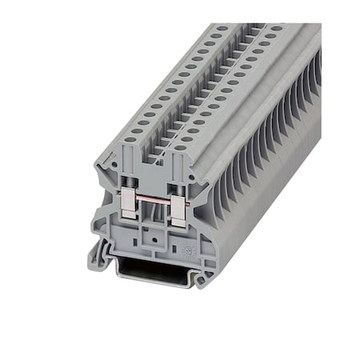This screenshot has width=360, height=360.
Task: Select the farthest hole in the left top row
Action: tap(221, 28)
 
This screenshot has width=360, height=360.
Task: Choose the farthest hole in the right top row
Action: tap(276, 28)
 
